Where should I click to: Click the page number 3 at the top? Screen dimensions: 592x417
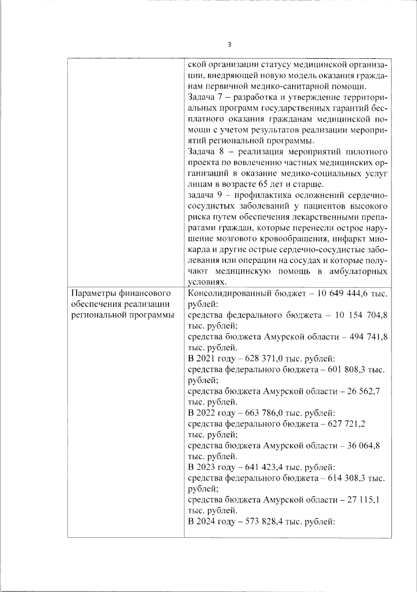pyautogui.click(x=229, y=45)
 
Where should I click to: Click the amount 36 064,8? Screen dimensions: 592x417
pyautogui.click(x=363, y=446)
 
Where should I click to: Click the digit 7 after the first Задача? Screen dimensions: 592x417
pyautogui.click(x=214, y=98)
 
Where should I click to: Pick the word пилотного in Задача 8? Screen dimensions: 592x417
pyautogui.click(x=367, y=152)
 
